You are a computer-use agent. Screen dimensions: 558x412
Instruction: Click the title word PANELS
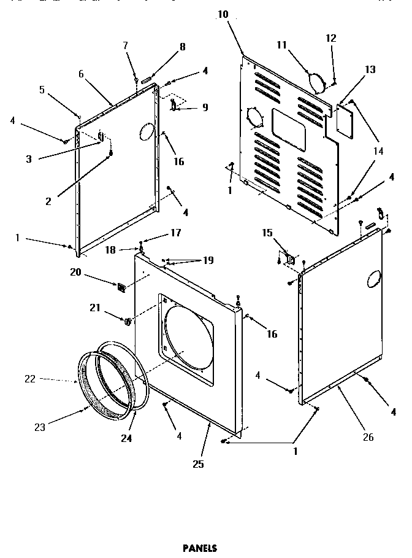(200, 548)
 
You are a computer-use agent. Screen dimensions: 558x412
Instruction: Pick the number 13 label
(370, 69)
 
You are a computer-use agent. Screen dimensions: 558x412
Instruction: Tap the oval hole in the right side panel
(373, 281)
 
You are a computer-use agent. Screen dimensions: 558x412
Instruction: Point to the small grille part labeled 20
(121, 287)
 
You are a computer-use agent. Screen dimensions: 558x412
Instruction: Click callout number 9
(205, 107)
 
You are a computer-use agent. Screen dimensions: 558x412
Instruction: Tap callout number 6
(80, 73)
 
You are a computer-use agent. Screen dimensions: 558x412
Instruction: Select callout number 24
(126, 438)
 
